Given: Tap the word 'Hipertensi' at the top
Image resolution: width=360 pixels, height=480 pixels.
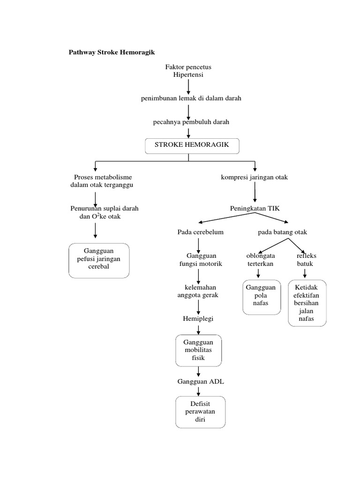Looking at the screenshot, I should [x=187, y=75].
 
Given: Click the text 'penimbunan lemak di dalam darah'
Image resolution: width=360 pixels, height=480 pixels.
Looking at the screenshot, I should [x=191, y=98].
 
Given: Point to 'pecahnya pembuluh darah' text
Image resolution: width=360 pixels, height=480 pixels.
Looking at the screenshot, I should [x=191, y=122].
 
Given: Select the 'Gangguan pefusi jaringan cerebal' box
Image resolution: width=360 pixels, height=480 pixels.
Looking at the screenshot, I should [x=98, y=260].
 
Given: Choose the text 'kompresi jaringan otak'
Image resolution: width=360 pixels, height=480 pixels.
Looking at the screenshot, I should [x=255, y=177].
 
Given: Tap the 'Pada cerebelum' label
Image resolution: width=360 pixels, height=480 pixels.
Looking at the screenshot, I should [x=200, y=232].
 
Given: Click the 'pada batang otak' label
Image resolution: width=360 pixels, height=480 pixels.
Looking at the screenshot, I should [x=282, y=232].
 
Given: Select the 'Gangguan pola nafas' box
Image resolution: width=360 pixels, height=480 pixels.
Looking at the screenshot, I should [x=261, y=297].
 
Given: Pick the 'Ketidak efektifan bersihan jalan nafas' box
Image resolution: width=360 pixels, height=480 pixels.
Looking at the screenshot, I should [x=307, y=303].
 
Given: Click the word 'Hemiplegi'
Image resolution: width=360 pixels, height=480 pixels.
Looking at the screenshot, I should [x=198, y=319].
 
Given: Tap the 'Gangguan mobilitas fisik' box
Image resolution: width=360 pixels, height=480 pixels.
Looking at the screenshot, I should [x=198, y=350].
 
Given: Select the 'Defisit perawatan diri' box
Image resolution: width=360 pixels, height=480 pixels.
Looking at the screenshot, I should [x=201, y=412].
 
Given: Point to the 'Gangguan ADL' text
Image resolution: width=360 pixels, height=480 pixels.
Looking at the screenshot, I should [x=201, y=382].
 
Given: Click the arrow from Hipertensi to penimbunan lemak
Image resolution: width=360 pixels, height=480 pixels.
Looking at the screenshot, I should [x=188, y=87].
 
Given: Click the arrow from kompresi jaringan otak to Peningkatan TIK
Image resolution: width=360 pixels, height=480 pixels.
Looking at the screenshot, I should [x=255, y=192].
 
